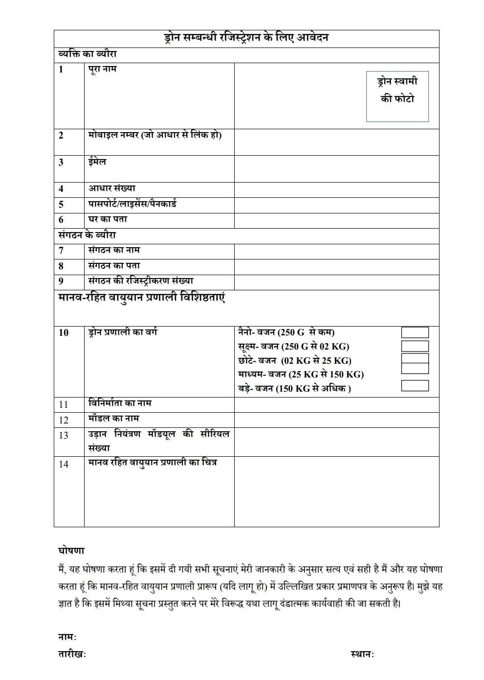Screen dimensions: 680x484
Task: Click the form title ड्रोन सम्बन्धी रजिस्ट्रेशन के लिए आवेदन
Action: [x=246, y=38]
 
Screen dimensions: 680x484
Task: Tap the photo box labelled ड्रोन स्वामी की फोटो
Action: [x=397, y=96]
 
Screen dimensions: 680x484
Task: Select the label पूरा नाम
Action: [x=102, y=69]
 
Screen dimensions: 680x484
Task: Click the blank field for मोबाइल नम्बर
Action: [x=336, y=142]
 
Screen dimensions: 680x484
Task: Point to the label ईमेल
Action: [x=97, y=162]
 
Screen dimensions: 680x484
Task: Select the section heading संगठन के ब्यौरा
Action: [x=87, y=235]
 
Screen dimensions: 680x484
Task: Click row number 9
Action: [x=61, y=281]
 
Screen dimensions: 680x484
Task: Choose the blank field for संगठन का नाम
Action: [x=336, y=251]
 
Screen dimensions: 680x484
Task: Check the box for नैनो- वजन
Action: [x=415, y=332]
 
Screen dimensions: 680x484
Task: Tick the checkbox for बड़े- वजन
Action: [x=415, y=386]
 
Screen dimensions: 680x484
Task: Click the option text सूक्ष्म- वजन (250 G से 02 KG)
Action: [x=293, y=347]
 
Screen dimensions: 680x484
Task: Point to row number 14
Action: [x=64, y=464]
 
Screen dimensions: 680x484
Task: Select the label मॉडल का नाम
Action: [x=113, y=419]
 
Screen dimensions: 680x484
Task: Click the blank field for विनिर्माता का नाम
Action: [x=336, y=404]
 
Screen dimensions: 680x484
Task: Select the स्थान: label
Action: [x=362, y=654]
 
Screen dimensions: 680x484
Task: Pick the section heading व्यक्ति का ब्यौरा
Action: [x=87, y=54]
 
